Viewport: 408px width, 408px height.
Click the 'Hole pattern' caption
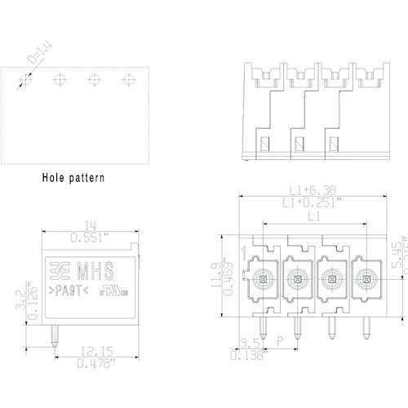(73, 176)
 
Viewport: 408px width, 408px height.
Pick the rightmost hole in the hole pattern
(127, 79)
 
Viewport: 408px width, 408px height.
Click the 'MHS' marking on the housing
(95, 271)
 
